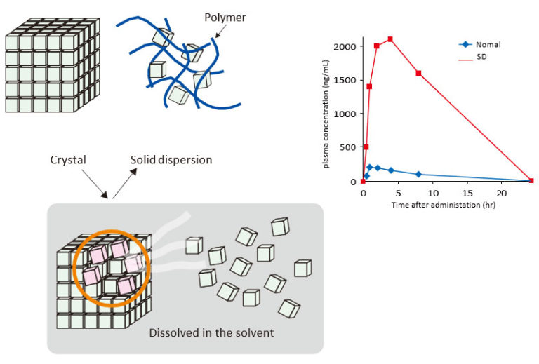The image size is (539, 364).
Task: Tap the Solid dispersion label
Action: point(171,160)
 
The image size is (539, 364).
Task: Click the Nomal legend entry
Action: point(487,44)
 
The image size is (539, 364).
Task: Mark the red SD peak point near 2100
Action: point(390,39)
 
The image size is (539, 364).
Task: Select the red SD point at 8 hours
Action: point(418,73)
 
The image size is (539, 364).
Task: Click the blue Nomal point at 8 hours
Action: point(418,174)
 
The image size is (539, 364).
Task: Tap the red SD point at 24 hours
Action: point(531,181)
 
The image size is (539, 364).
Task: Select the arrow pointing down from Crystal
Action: point(92,184)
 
